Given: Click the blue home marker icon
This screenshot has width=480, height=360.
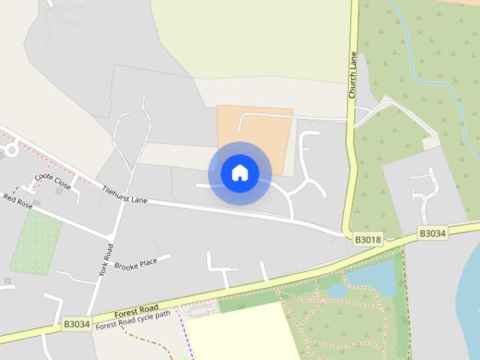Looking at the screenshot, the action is [240, 173].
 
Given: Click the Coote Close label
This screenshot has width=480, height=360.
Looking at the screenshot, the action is [52, 181].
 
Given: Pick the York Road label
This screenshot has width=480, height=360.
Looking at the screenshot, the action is [105, 259].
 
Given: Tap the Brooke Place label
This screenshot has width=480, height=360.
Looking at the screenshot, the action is [136, 264].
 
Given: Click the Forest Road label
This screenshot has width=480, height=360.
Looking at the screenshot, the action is [136, 309].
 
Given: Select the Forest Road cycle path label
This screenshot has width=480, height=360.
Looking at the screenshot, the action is [133, 318].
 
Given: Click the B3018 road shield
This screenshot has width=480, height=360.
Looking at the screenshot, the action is [367, 239].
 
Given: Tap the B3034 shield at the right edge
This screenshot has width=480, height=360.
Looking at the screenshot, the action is [432, 233].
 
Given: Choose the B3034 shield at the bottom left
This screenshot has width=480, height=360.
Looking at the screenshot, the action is [76, 324].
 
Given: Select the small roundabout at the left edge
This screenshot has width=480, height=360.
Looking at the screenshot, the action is [10, 150].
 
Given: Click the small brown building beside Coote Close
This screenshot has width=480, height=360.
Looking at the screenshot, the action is [58, 190].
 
